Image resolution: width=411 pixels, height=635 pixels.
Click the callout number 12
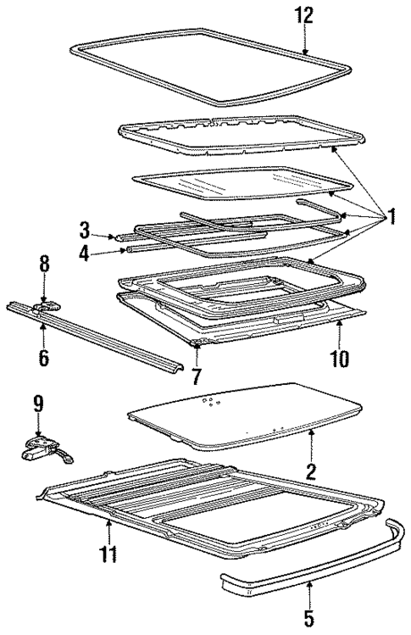pyautogui.click(x=304, y=14)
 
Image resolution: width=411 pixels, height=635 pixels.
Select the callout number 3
pyautogui.click(x=86, y=228)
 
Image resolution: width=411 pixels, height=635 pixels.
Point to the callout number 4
pyautogui.click(x=86, y=251)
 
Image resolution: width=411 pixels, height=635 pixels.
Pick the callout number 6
pyautogui.click(x=43, y=357)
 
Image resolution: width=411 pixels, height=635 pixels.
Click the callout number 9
pyautogui.click(x=36, y=402)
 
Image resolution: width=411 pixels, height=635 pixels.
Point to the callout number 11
pyautogui.click(x=108, y=556)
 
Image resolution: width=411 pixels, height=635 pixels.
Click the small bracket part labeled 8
pyautogui.click(x=47, y=304)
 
